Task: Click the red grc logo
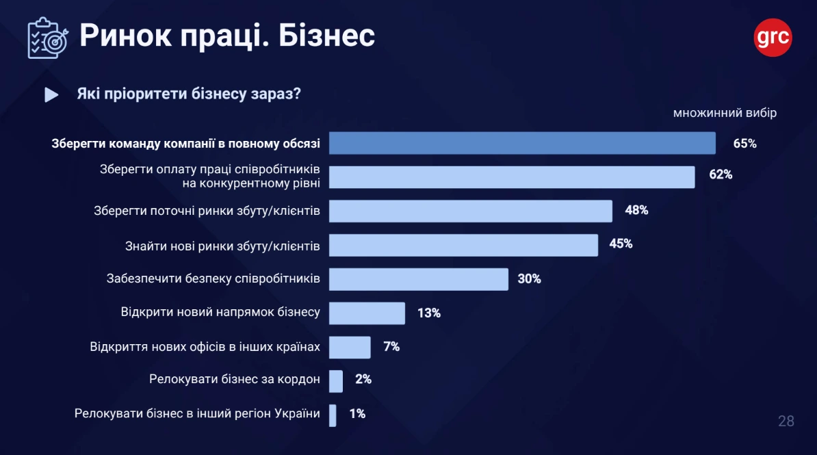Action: click(x=773, y=38)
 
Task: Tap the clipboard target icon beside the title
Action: click(x=47, y=38)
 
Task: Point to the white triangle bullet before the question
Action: click(x=51, y=95)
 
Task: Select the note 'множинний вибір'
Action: click(x=725, y=113)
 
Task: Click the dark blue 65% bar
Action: click(x=522, y=143)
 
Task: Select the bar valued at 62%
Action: click(x=512, y=177)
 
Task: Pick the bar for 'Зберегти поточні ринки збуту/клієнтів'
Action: click(x=470, y=211)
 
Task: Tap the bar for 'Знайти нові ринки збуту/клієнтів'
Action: click(x=463, y=245)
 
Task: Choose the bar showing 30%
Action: click(x=418, y=279)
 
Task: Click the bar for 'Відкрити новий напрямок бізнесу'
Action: click(x=367, y=313)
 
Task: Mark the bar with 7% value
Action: click(x=350, y=347)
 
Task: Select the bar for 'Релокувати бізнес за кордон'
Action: click(x=335, y=381)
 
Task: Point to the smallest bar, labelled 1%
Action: click(x=333, y=415)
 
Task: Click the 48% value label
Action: click(x=636, y=210)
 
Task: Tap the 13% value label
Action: click(x=428, y=313)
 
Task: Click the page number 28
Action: click(x=786, y=421)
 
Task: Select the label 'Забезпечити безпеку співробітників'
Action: click(x=213, y=278)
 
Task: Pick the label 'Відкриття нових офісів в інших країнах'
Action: click(x=205, y=346)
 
